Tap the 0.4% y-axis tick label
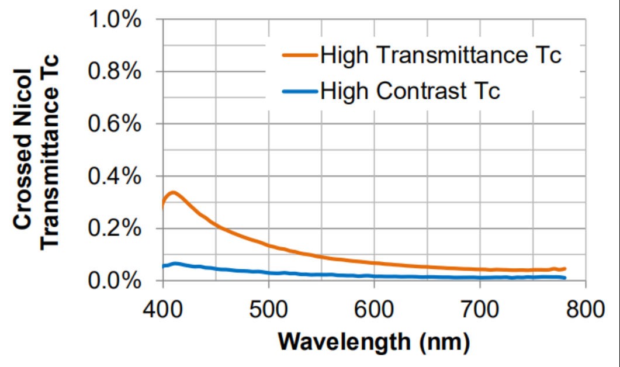tap(115, 176)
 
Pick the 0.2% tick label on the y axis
tap(115, 228)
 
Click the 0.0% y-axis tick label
tap(115, 281)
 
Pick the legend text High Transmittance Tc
tap(441, 56)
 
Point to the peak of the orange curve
tap(172, 192)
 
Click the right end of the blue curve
tap(565, 278)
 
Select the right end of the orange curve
tap(565, 268)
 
